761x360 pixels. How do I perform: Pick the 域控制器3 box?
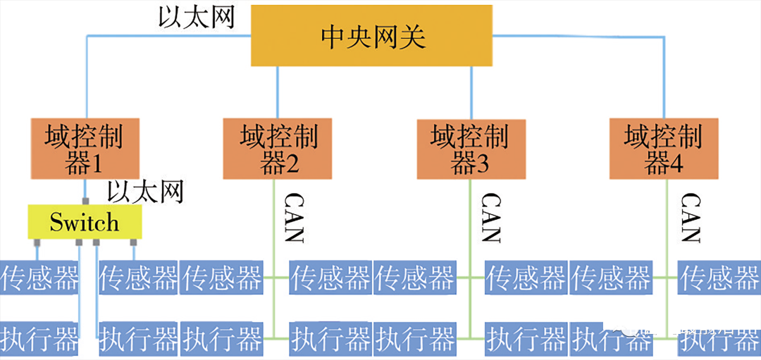470,149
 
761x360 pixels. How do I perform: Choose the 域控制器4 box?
663,149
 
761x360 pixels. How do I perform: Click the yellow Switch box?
85,222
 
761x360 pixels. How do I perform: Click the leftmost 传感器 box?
39,278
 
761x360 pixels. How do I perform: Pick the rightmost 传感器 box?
719,278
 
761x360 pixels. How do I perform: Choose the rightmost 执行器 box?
719,341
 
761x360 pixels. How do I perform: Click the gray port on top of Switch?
85,201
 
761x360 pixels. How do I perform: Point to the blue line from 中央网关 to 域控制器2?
277,92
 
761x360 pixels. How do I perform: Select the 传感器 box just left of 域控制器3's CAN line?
415,278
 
